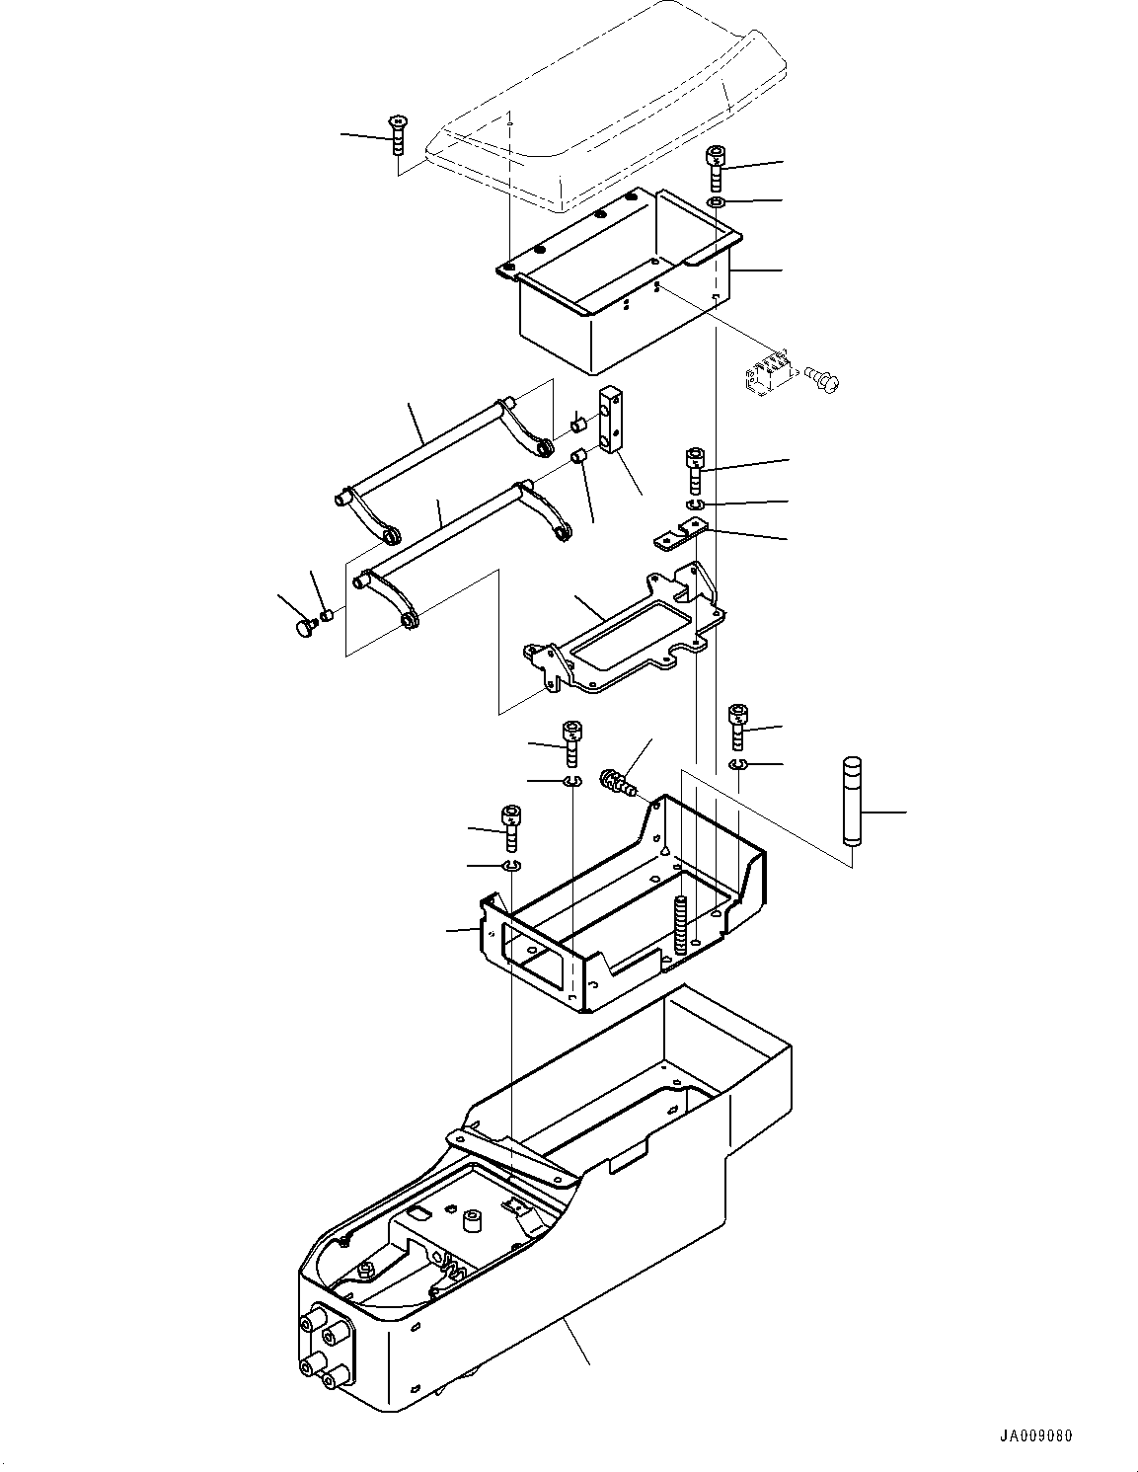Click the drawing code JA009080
1033,1435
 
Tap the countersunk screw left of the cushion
397,132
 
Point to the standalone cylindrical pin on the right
853,801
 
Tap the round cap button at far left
305,629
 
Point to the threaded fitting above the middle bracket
618,780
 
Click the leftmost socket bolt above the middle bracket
511,826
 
